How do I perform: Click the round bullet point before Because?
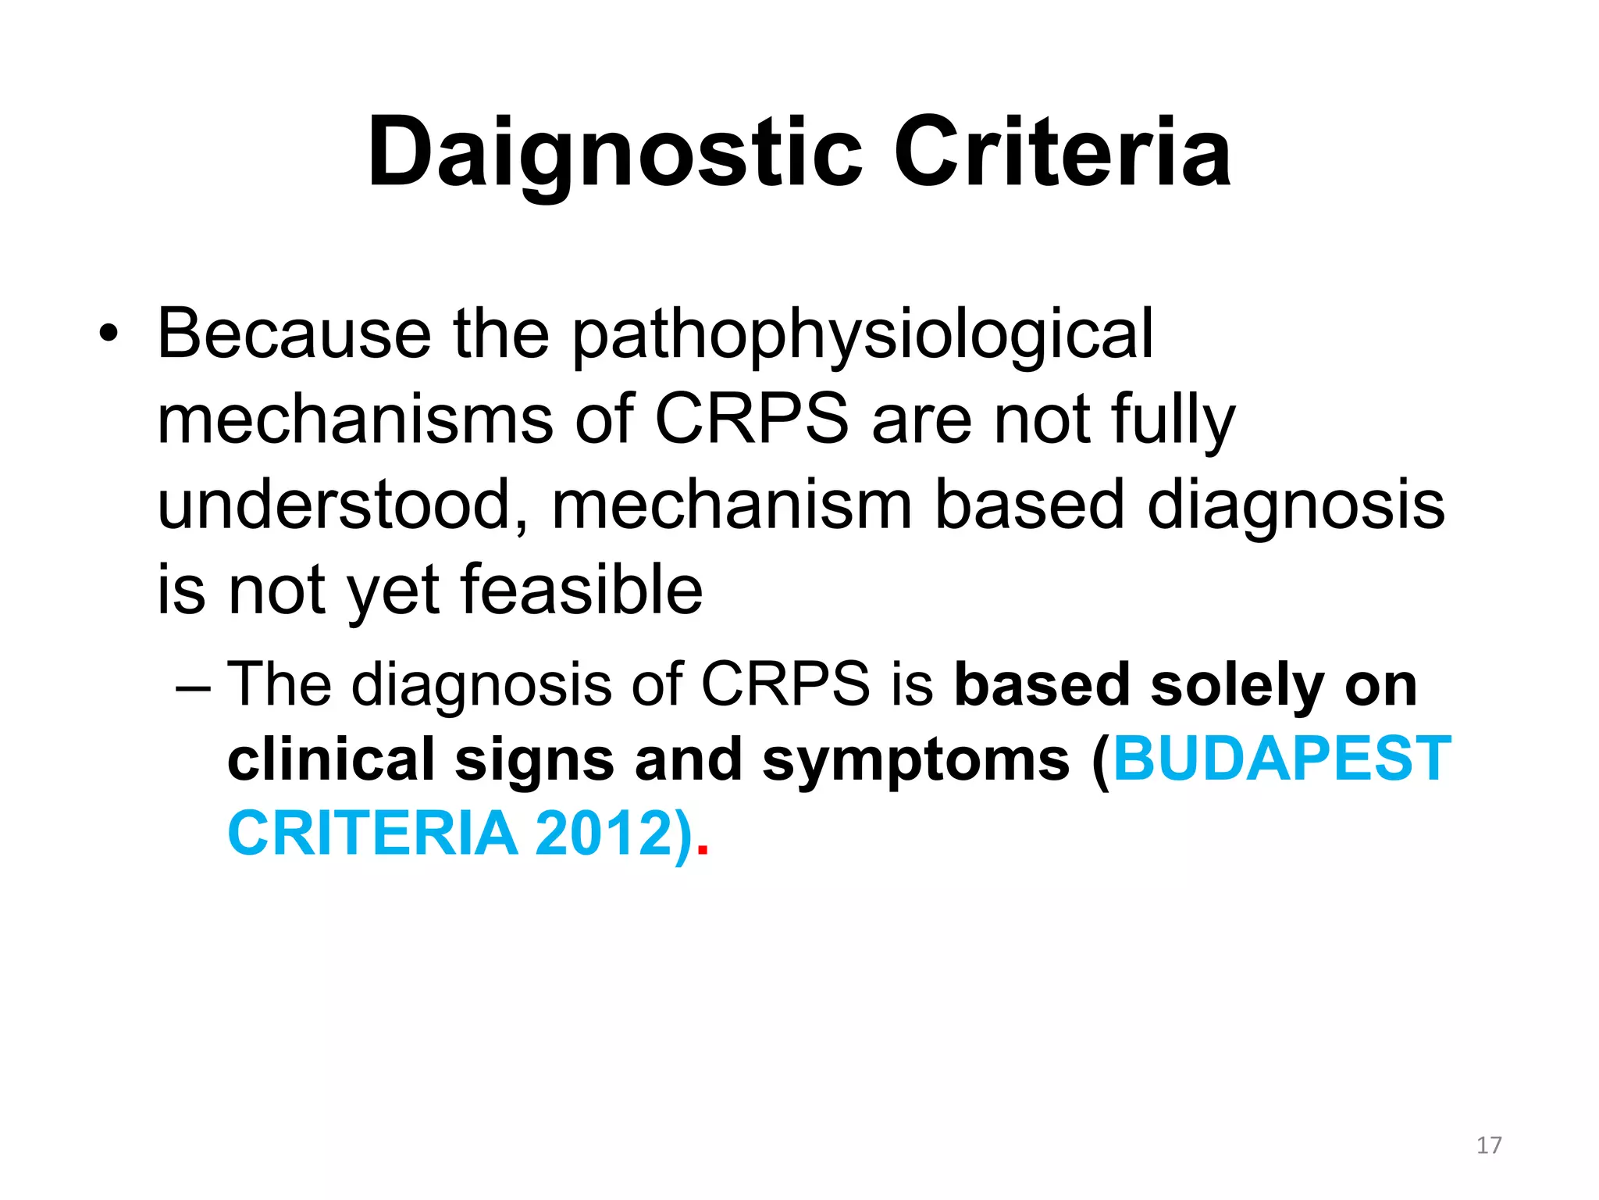tap(109, 335)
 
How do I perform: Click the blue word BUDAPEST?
tap(1281, 759)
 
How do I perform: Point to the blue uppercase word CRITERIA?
tap(372, 834)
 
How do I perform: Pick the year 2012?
tap(602, 834)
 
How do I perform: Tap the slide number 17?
tap(1489, 1145)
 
